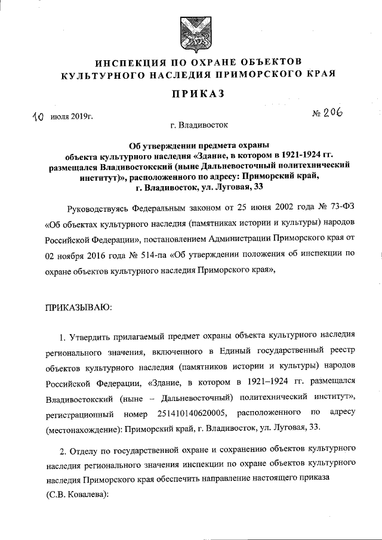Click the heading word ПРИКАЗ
coord(191,94)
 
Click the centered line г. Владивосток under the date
coord(190,125)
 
